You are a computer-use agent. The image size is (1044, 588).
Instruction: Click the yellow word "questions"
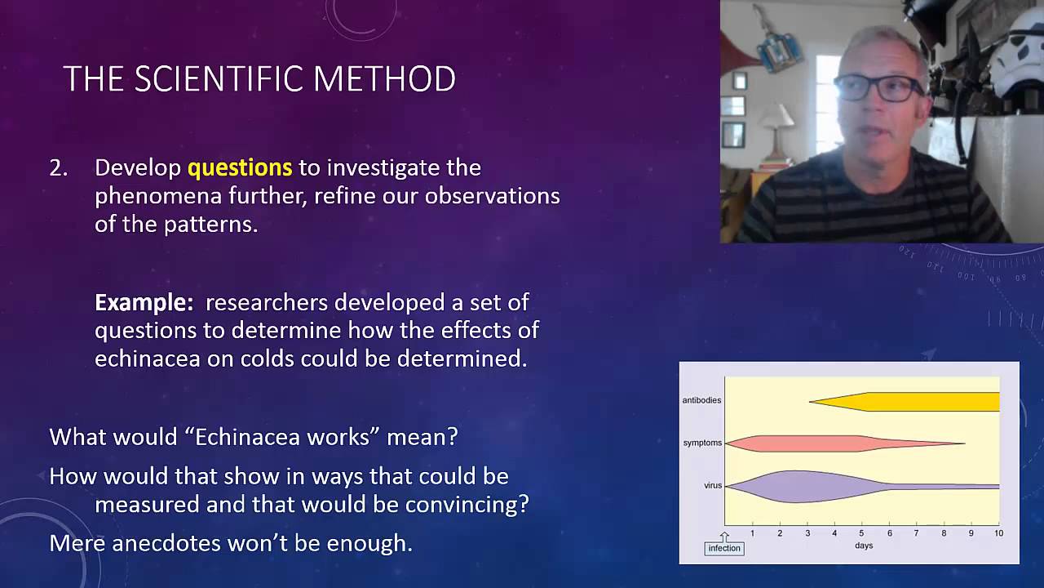tap(239, 167)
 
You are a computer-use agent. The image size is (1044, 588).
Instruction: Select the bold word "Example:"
tap(144, 302)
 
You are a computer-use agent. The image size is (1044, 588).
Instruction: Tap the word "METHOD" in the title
tap(384, 79)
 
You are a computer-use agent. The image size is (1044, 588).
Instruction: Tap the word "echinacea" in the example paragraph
tap(147, 359)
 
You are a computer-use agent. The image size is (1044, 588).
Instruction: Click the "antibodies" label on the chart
tap(701, 400)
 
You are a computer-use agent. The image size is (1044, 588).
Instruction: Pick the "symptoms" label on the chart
tap(702, 443)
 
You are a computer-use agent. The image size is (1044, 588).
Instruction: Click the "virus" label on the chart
tap(713, 485)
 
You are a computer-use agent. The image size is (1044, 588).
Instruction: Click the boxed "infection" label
tap(723, 548)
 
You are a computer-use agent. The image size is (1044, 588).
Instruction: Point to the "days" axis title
tap(863, 545)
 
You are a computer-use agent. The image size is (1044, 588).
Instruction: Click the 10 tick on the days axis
tap(998, 533)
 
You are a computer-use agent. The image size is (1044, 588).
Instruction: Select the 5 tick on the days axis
tap(861, 533)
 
